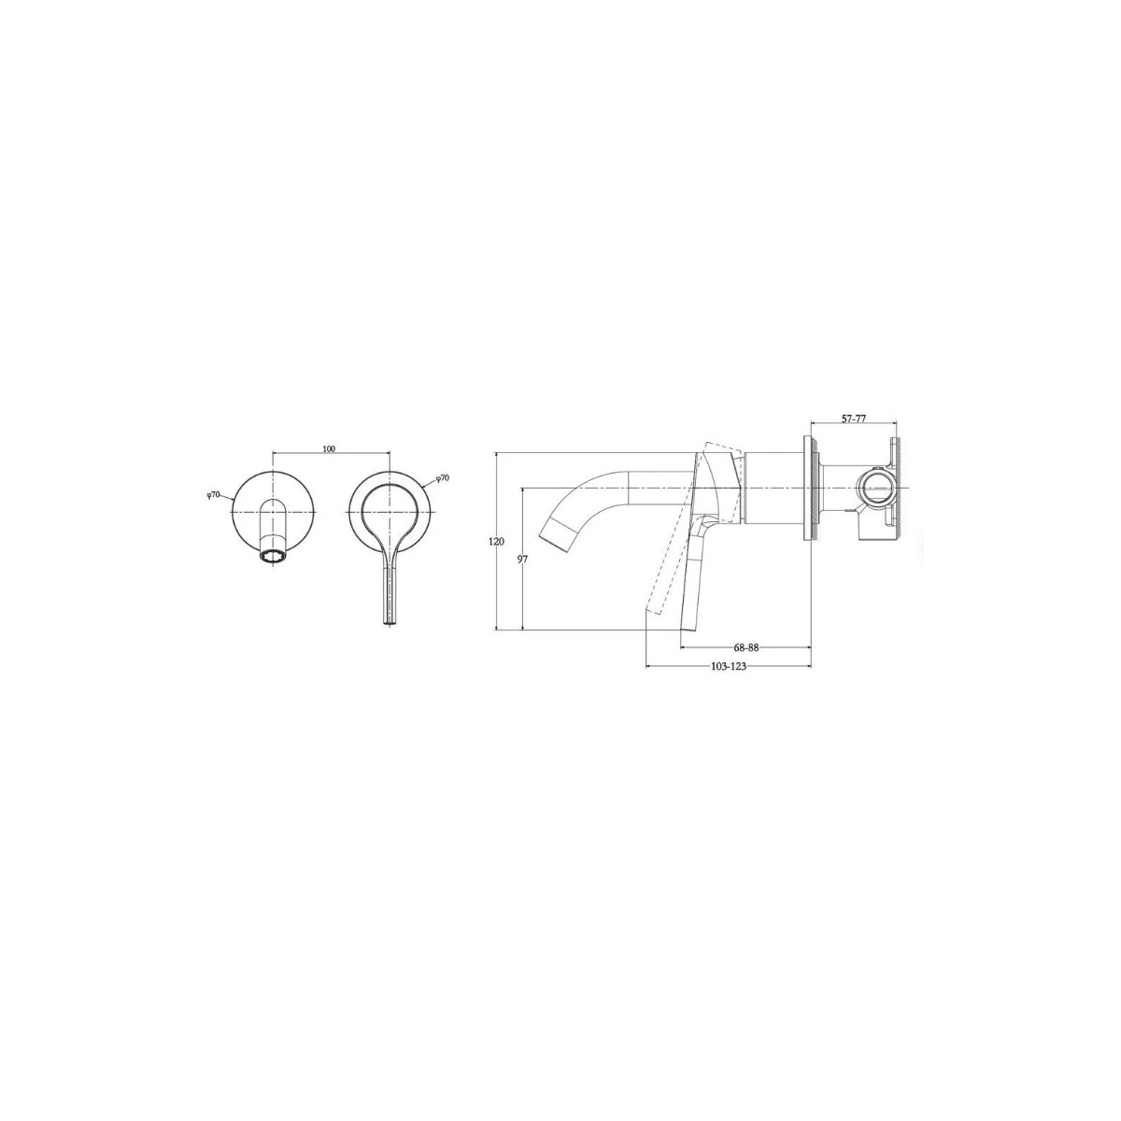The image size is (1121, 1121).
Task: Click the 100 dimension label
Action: [329, 448]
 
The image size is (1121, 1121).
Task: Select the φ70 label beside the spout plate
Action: [214, 478]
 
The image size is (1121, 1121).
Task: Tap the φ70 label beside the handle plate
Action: [442, 461]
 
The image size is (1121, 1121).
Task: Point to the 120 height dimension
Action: [496, 541]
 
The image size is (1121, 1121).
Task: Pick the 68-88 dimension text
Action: [745, 646]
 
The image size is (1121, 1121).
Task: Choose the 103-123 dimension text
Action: [729, 667]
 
